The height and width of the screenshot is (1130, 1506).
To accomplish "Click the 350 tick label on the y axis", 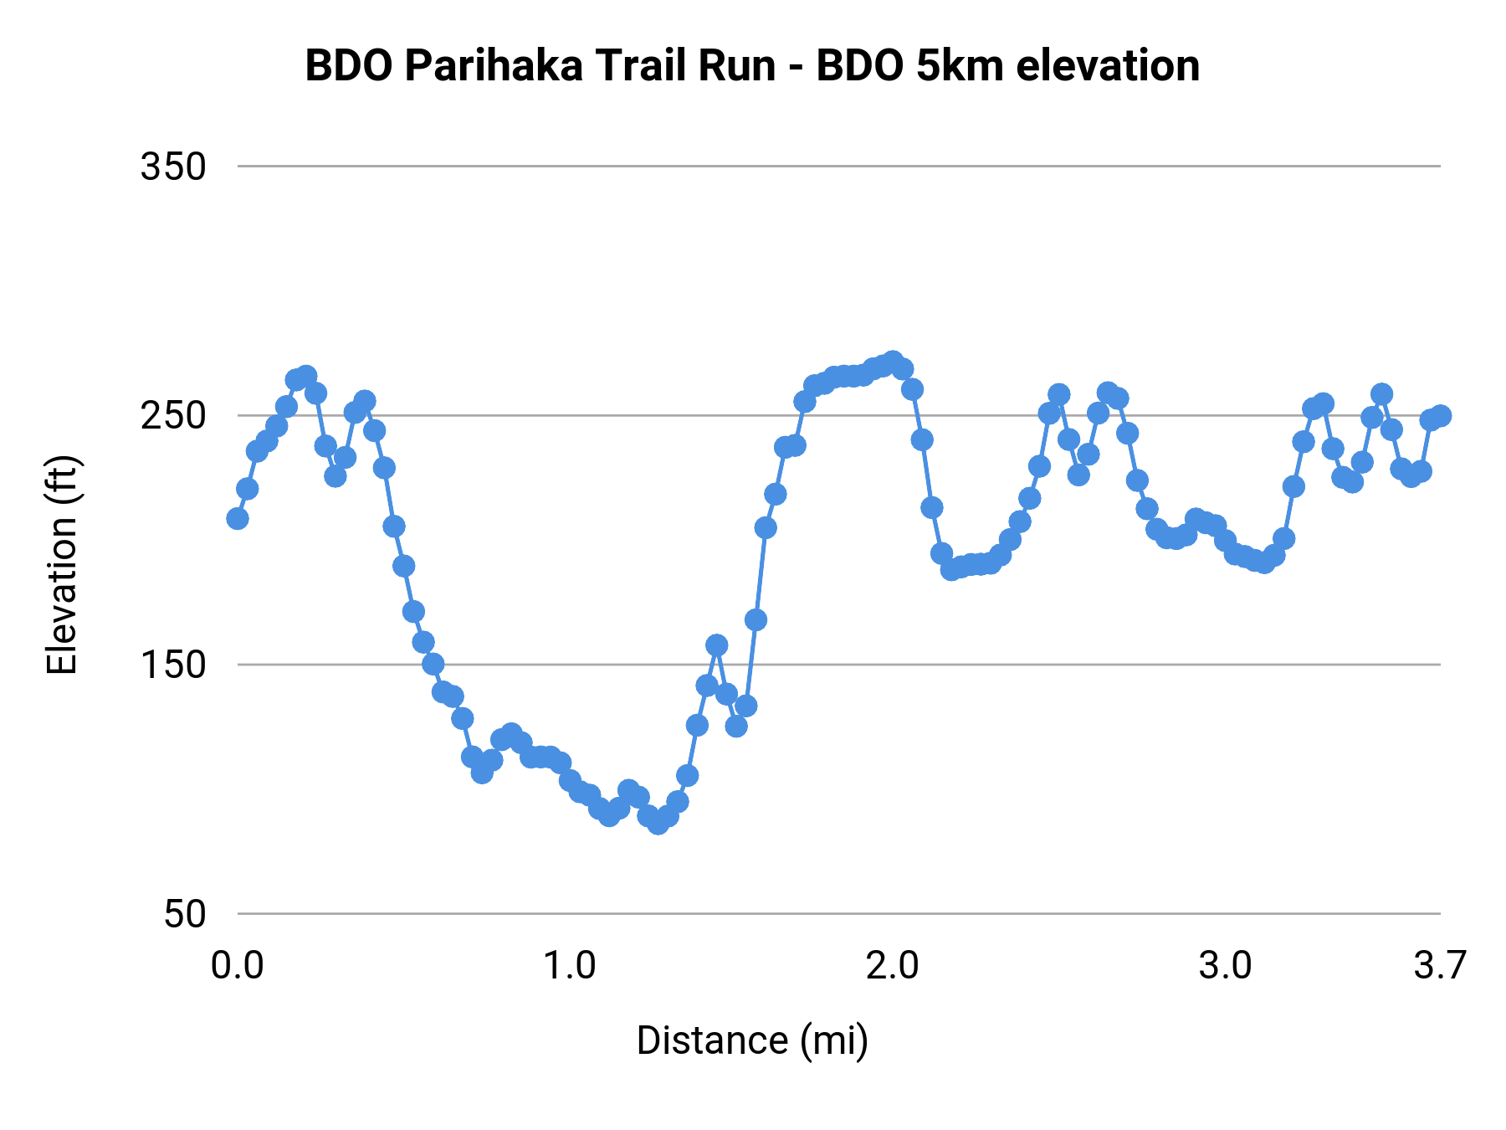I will tap(173, 167).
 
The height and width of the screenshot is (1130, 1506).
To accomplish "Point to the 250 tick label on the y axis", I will tap(173, 416).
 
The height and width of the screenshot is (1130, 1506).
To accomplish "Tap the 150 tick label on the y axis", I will tap(173, 665).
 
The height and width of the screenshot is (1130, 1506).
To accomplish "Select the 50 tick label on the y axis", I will tap(184, 914).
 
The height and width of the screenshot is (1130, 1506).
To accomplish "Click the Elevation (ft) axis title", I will tap(62, 565).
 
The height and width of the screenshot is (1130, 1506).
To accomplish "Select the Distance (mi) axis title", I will tap(752, 1041).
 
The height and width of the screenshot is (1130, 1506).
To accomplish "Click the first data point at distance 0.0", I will tap(238, 518).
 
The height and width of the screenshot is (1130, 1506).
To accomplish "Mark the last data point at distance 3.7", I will tap(1440, 416).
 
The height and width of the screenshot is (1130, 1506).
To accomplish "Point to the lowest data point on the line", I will tap(658, 823).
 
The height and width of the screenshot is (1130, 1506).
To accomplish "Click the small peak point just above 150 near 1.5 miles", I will tap(717, 645).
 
